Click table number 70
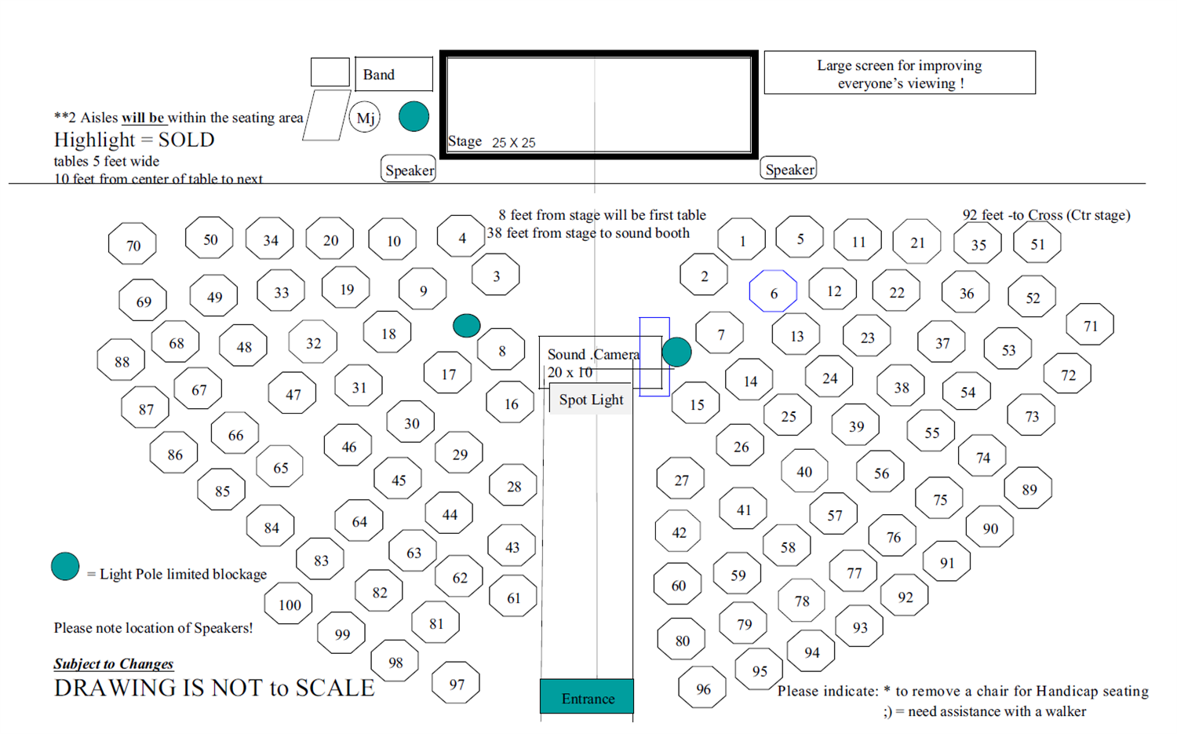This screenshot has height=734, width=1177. click(133, 244)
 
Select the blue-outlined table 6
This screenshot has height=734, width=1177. click(773, 292)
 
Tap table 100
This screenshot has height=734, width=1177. click(289, 604)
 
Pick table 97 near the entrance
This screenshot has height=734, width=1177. click(456, 684)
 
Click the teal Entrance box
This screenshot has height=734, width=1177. click(587, 697)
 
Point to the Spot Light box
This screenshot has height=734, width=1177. click(591, 399)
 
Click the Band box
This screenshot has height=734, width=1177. click(393, 75)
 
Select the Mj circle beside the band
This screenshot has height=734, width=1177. click(365, 118)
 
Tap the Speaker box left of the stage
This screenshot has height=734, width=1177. click(409, 170)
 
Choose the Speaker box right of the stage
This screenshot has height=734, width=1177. click(789, 169)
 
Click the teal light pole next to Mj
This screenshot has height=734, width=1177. click(414, 117)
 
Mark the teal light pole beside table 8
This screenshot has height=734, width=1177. click(467, 325)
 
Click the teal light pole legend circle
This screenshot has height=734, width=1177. click(65, 566)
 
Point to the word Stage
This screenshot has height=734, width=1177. click(465, 141)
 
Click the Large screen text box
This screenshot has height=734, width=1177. click(899, 73)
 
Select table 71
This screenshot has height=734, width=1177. click(1090, 325)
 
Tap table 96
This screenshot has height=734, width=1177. click(702, 688)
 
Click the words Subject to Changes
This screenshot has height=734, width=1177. click(114, 664)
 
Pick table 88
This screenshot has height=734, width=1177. click(121, 361)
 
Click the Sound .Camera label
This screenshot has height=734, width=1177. click(592, 354)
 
